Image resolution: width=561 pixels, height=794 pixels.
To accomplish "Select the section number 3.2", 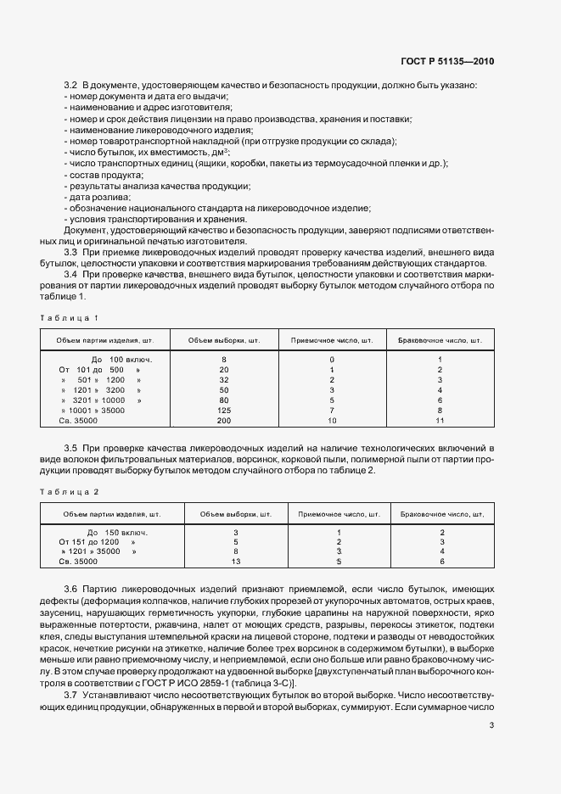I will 71,85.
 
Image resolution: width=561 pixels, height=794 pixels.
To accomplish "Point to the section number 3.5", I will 71,447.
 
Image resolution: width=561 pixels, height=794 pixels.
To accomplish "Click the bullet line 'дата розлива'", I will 97,197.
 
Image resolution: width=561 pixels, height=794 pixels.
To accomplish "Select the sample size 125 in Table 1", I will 224,410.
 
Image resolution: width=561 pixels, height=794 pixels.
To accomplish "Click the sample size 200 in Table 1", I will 224,421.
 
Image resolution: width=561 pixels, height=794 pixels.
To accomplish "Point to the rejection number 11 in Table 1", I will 440,421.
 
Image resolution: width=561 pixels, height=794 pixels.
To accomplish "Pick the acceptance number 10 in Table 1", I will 332,421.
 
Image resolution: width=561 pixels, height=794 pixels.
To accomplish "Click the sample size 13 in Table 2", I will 236,562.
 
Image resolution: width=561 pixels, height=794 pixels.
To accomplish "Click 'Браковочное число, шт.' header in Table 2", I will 441,514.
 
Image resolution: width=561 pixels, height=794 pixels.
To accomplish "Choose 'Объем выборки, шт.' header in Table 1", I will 224,341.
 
